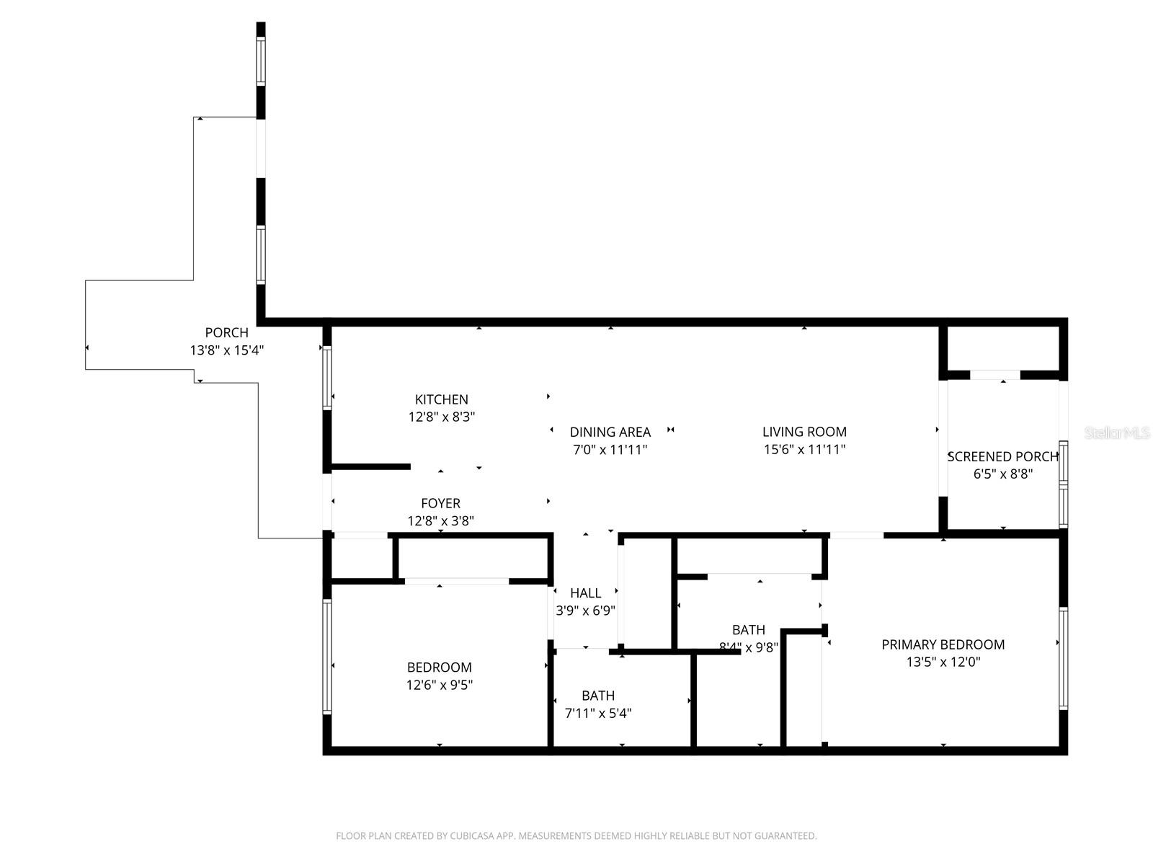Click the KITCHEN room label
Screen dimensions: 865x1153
(x=441, y=399)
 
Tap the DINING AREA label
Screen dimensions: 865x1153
(x=610, y=432)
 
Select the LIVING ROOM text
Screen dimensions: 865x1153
(x=804, y=432)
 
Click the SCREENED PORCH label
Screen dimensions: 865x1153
(x=1002, y=456)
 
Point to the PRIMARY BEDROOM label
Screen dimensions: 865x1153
(x=943, y=644)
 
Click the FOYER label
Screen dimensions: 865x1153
(x=440, y=503)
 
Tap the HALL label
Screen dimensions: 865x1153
(x=585, y=593)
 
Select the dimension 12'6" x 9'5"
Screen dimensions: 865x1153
(x=440, y=685)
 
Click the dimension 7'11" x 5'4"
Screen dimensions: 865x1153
(x=597, y=714)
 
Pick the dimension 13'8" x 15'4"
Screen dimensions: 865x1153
(x=226, y=350)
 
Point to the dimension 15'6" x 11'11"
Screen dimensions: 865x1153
(x=804, y=450)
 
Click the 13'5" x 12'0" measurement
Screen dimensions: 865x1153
(x=943, y=662)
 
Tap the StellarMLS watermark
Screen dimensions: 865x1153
(x=1117, y=433)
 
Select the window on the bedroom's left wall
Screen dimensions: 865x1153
(x=327, y=657)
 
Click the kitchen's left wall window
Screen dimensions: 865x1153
(x=327, y=378)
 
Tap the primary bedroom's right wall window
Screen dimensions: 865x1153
(x=1063, y=658)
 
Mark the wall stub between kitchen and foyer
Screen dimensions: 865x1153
(x=370, y=466)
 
